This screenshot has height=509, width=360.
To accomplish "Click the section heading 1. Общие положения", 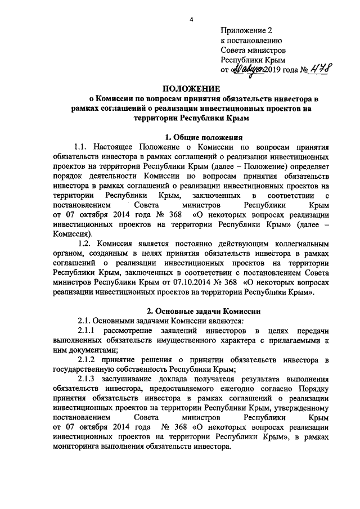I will [203, 137].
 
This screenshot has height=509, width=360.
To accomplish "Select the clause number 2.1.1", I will [89, 330].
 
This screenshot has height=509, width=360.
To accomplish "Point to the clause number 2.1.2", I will [89, 359].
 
